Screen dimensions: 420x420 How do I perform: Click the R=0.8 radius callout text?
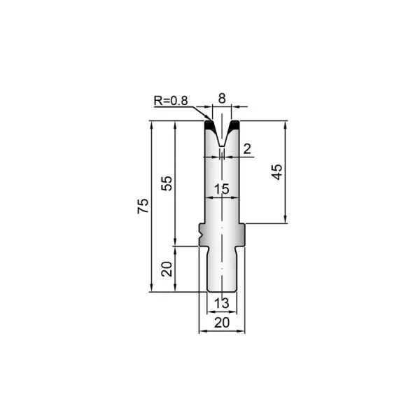click(171, 101)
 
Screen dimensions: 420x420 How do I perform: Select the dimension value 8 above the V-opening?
click(222, 99)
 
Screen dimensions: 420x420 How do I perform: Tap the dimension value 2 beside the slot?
click(247, 149)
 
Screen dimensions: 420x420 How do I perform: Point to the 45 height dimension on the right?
click(277, 172)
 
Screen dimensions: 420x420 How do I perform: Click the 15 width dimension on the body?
click(222, 189)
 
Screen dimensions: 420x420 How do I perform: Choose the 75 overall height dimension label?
click(143, 206)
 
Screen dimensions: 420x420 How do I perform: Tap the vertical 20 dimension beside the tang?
click(167, 269)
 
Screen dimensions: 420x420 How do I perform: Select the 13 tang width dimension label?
click(222, 304)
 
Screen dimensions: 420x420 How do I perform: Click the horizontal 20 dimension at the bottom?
click(222, 323)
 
